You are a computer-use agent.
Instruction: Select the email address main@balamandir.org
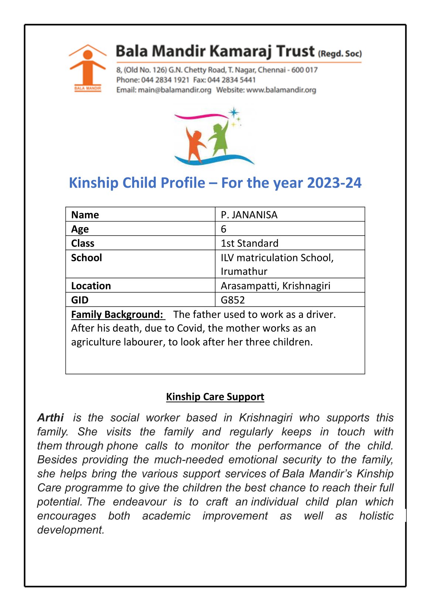click(174, 90)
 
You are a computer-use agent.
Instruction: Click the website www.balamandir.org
click(281, 90)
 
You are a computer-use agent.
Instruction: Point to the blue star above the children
click(233, 112)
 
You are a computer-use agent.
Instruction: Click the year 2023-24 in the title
click(334, 183)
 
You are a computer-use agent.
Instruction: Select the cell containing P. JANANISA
click(249, 215)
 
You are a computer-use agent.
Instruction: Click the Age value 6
click(223, 229)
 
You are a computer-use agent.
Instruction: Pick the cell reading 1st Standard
click(250, 243)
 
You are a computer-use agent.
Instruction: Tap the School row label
click(86, 258)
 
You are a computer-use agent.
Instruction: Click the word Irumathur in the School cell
click(244, 271)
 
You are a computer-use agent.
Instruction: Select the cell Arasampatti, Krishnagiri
click(276, 286)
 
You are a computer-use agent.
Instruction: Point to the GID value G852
click(233, 300)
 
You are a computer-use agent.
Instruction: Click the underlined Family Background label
click(117, 314)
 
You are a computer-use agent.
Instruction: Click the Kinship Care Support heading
click(215, 397)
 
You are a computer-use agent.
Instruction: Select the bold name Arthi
click(51, 418)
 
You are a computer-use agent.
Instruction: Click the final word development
click(71, 530)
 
